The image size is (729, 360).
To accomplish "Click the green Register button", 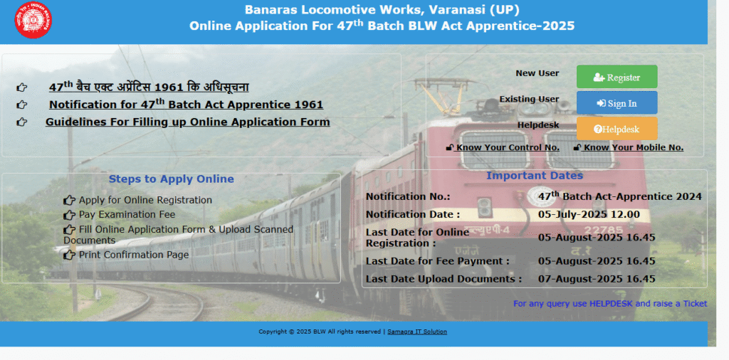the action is (617, 77).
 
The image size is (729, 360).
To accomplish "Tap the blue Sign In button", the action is (617, 102).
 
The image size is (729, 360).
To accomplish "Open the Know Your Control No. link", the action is (503, 148).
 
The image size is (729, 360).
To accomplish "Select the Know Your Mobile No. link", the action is (628, 148).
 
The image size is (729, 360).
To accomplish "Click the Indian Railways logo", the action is (33, 20).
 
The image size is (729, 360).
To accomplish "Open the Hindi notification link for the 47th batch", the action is (149, 87).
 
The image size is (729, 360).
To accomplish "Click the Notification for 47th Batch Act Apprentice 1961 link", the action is (186, 104).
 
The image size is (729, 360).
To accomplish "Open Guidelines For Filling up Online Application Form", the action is (187, 122).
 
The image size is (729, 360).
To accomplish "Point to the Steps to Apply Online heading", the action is (171, 179).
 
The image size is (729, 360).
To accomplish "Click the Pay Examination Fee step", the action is (127, 215).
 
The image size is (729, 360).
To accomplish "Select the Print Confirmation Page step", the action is (134, 255).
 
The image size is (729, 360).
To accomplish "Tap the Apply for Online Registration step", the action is (145, 200).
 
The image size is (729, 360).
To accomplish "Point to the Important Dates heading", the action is (535, 176).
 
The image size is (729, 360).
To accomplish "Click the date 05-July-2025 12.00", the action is (589, 215).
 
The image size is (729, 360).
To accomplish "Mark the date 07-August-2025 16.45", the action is (597, 279).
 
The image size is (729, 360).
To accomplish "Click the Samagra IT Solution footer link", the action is (417, 332).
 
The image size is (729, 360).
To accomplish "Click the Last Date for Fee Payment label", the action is (438, 261).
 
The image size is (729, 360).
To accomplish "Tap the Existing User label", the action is (529, 99).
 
